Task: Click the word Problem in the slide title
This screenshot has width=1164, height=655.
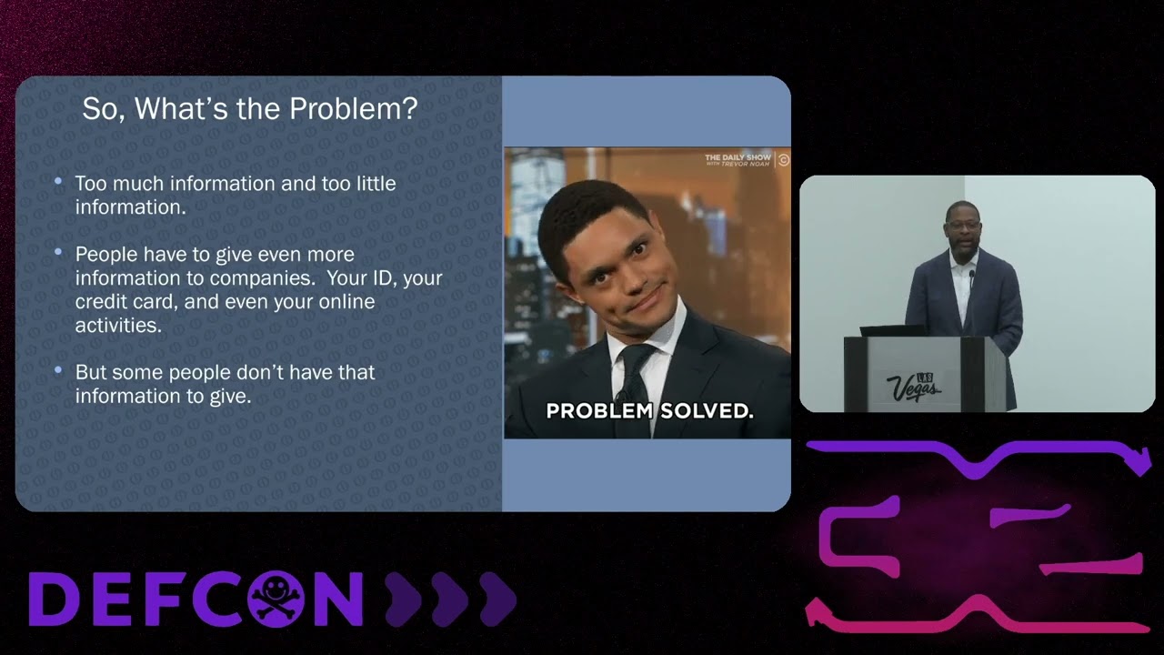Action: (x=354, y=108)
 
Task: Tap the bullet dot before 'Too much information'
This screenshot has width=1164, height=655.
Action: (x=58, y=181)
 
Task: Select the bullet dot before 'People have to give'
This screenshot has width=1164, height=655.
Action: (x=58, y=252)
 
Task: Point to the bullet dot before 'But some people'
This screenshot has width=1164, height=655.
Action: (x=58, y=370)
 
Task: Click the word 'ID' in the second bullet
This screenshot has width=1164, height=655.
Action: (x=384, y=278)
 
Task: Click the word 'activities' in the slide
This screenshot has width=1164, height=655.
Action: (x=118, y=326)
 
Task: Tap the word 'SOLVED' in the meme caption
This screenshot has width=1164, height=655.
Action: (x=707, y=411)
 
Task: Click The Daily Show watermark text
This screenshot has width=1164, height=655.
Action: (x=738, y=160)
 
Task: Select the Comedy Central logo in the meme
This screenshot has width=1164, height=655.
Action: (x=783, y=160)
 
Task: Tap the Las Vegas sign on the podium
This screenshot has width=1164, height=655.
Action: (x=913, y=388)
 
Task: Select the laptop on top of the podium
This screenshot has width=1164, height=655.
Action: (x=893, y=330)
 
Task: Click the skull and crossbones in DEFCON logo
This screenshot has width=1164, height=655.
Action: (x=276, y=599)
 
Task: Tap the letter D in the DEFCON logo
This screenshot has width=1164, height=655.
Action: (x=54, y=599)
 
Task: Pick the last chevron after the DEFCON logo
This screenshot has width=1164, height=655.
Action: (x=497, y=599)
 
